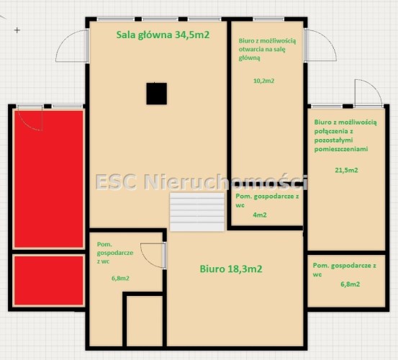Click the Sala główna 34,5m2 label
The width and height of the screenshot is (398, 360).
tap(163, 35)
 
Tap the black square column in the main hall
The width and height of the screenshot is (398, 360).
tap(157, 94)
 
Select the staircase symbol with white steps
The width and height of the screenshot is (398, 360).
tap(197, 212)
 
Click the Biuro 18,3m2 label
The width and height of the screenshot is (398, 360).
tap(231, 269)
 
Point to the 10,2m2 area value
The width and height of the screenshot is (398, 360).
tap(263, 81)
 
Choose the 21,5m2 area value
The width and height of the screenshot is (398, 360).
tap(346, 170)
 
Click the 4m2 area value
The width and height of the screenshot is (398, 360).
tap(260, 215)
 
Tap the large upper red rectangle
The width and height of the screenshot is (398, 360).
tap(49, 179)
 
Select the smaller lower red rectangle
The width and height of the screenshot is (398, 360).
tap(49, 280)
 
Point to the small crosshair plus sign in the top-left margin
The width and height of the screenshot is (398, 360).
tap(17, 30)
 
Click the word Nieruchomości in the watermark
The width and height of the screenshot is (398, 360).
tap(226, 181)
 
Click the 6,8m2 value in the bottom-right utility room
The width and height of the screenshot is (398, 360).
tap(350, 284)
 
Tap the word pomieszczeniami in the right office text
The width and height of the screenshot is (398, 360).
tap(341, 149)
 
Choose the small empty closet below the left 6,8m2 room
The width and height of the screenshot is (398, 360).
tap(145, 321)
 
